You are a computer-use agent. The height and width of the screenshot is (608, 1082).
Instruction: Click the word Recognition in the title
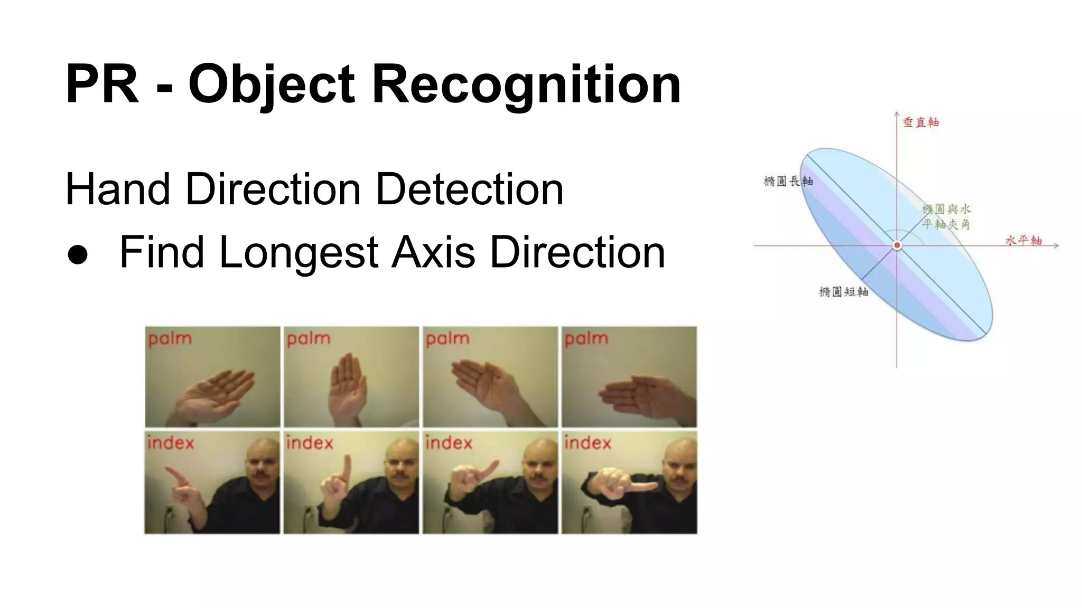pos(526,84)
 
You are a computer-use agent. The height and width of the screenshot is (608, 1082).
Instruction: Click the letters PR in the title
pos(102,84)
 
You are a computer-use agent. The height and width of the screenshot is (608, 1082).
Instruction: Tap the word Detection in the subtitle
pos(469,189)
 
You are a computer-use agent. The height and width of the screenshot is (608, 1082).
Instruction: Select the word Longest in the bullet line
pos(299,252)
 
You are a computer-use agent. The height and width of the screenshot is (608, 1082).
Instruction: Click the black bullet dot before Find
pos(78,254)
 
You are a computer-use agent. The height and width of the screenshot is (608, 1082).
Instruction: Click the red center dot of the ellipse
pos(897,245)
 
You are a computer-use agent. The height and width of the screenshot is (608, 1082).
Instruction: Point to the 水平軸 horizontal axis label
pos(1023,241)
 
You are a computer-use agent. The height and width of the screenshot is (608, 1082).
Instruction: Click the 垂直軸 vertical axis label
pos(920,122)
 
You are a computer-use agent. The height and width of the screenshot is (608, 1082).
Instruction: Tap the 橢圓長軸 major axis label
pos(788,182)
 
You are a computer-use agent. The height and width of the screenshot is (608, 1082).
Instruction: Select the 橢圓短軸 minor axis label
pos(843,292)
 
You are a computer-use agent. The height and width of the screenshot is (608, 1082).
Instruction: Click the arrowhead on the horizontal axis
pos(1056,245)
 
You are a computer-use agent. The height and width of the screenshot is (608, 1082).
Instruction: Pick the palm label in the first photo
pos(170,339)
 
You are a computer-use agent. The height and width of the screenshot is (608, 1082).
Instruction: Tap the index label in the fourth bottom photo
pos(587,442)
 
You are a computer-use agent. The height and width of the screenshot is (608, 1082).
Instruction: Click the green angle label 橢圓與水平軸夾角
pos(946,216)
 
